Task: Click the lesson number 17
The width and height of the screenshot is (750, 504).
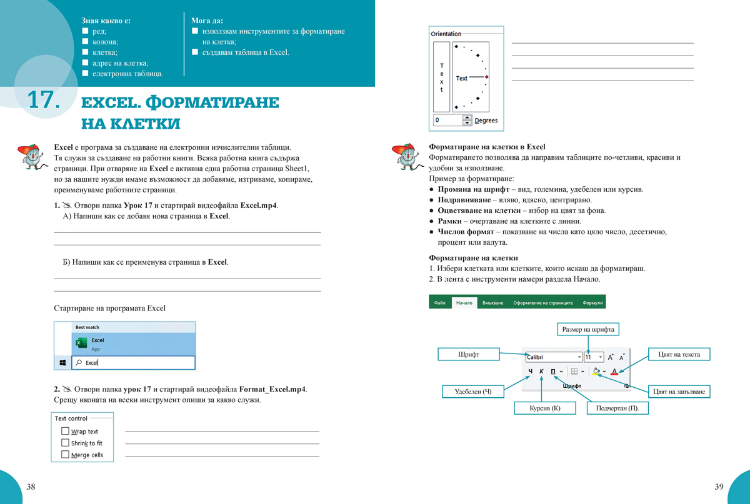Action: (43, 101)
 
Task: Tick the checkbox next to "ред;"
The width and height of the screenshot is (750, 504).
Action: (86, 31)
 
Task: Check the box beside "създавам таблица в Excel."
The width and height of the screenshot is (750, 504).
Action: (195, 52)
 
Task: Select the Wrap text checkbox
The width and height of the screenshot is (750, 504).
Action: (65, 431)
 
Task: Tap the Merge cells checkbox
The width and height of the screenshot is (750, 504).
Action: (65, 455)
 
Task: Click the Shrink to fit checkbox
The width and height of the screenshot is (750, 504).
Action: (65, 443)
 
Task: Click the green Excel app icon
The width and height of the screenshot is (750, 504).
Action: (81, 343)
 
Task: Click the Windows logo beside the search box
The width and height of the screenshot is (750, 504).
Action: (63, 362)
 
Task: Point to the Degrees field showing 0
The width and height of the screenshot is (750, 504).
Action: (447, 120)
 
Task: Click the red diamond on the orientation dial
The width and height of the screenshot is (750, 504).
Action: (486, 77)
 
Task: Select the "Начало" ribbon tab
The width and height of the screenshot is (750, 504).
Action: (464, 303)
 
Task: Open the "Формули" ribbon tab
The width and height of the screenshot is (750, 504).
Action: (592, 303)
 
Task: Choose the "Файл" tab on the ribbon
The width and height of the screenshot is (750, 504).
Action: (440, 303)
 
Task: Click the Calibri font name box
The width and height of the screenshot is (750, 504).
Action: (553, 357)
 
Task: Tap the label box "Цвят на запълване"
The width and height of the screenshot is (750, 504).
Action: (681, 392)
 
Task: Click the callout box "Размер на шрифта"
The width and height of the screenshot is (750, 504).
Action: (588, 329)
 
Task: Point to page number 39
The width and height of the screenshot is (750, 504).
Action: (719, 487)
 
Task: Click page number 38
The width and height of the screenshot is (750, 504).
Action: (30, 487)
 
